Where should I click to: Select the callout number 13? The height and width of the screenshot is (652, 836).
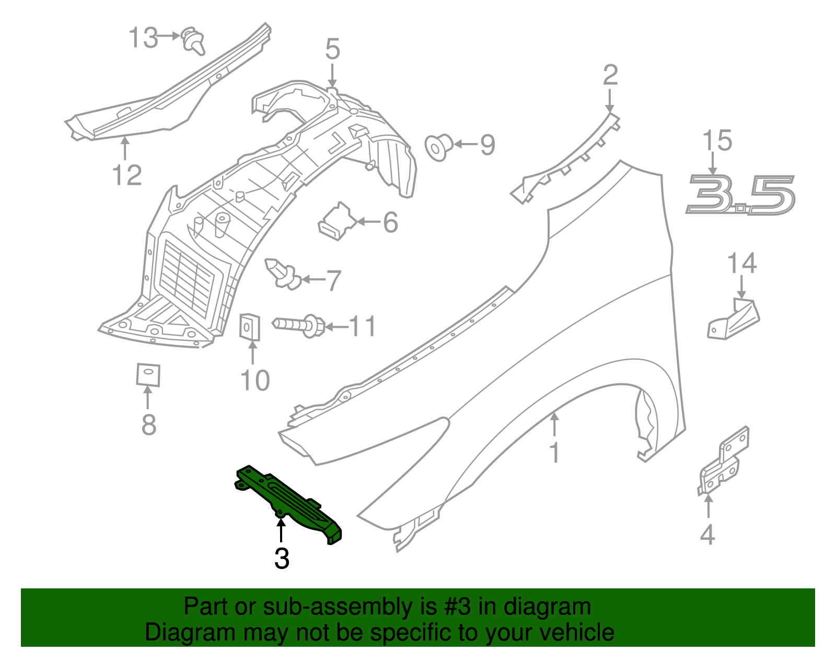click(143, 38)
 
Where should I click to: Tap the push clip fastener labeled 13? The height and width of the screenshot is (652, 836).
click(193, 42)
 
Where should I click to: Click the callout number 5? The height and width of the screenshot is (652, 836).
click(332, 50)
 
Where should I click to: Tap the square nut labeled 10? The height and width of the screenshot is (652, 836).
click(250, 327)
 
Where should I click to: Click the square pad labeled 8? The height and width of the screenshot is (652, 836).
click(148, 375)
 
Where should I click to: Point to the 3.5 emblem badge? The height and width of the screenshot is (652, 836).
click(740, 195)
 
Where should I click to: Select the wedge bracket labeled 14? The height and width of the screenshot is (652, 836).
click(734, 318)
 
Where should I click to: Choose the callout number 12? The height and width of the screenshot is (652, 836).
click(127, 175)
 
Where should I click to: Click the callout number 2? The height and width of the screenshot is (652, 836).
click(610, 76)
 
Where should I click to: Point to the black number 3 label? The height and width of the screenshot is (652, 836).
click(282, 559)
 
